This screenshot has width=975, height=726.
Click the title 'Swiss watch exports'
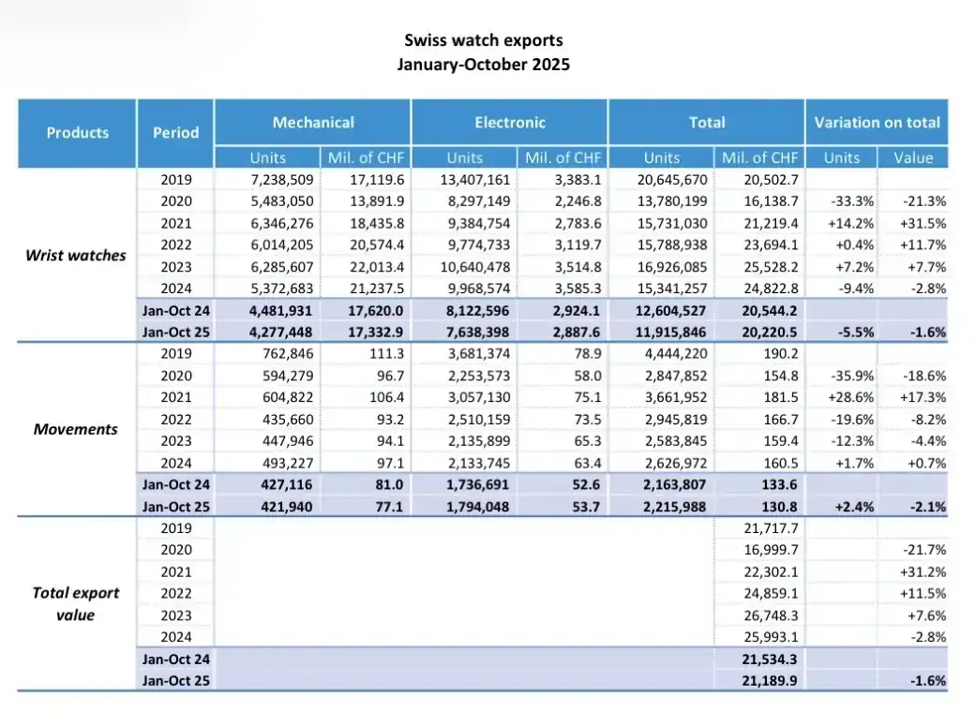tap(483, 40)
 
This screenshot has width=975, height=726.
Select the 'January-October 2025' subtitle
tap(483, 65)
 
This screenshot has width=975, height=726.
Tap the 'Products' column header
tap(77, 133)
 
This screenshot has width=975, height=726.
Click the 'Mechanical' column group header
tap(313, 123)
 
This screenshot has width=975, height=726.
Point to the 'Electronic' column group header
tap(510, 123)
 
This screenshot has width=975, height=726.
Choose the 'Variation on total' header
tap(877, 123)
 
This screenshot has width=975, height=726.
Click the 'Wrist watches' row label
tap(76, 255)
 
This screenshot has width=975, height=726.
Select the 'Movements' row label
tap(76, 429)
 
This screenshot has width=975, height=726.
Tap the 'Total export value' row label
tap(76, 603)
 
